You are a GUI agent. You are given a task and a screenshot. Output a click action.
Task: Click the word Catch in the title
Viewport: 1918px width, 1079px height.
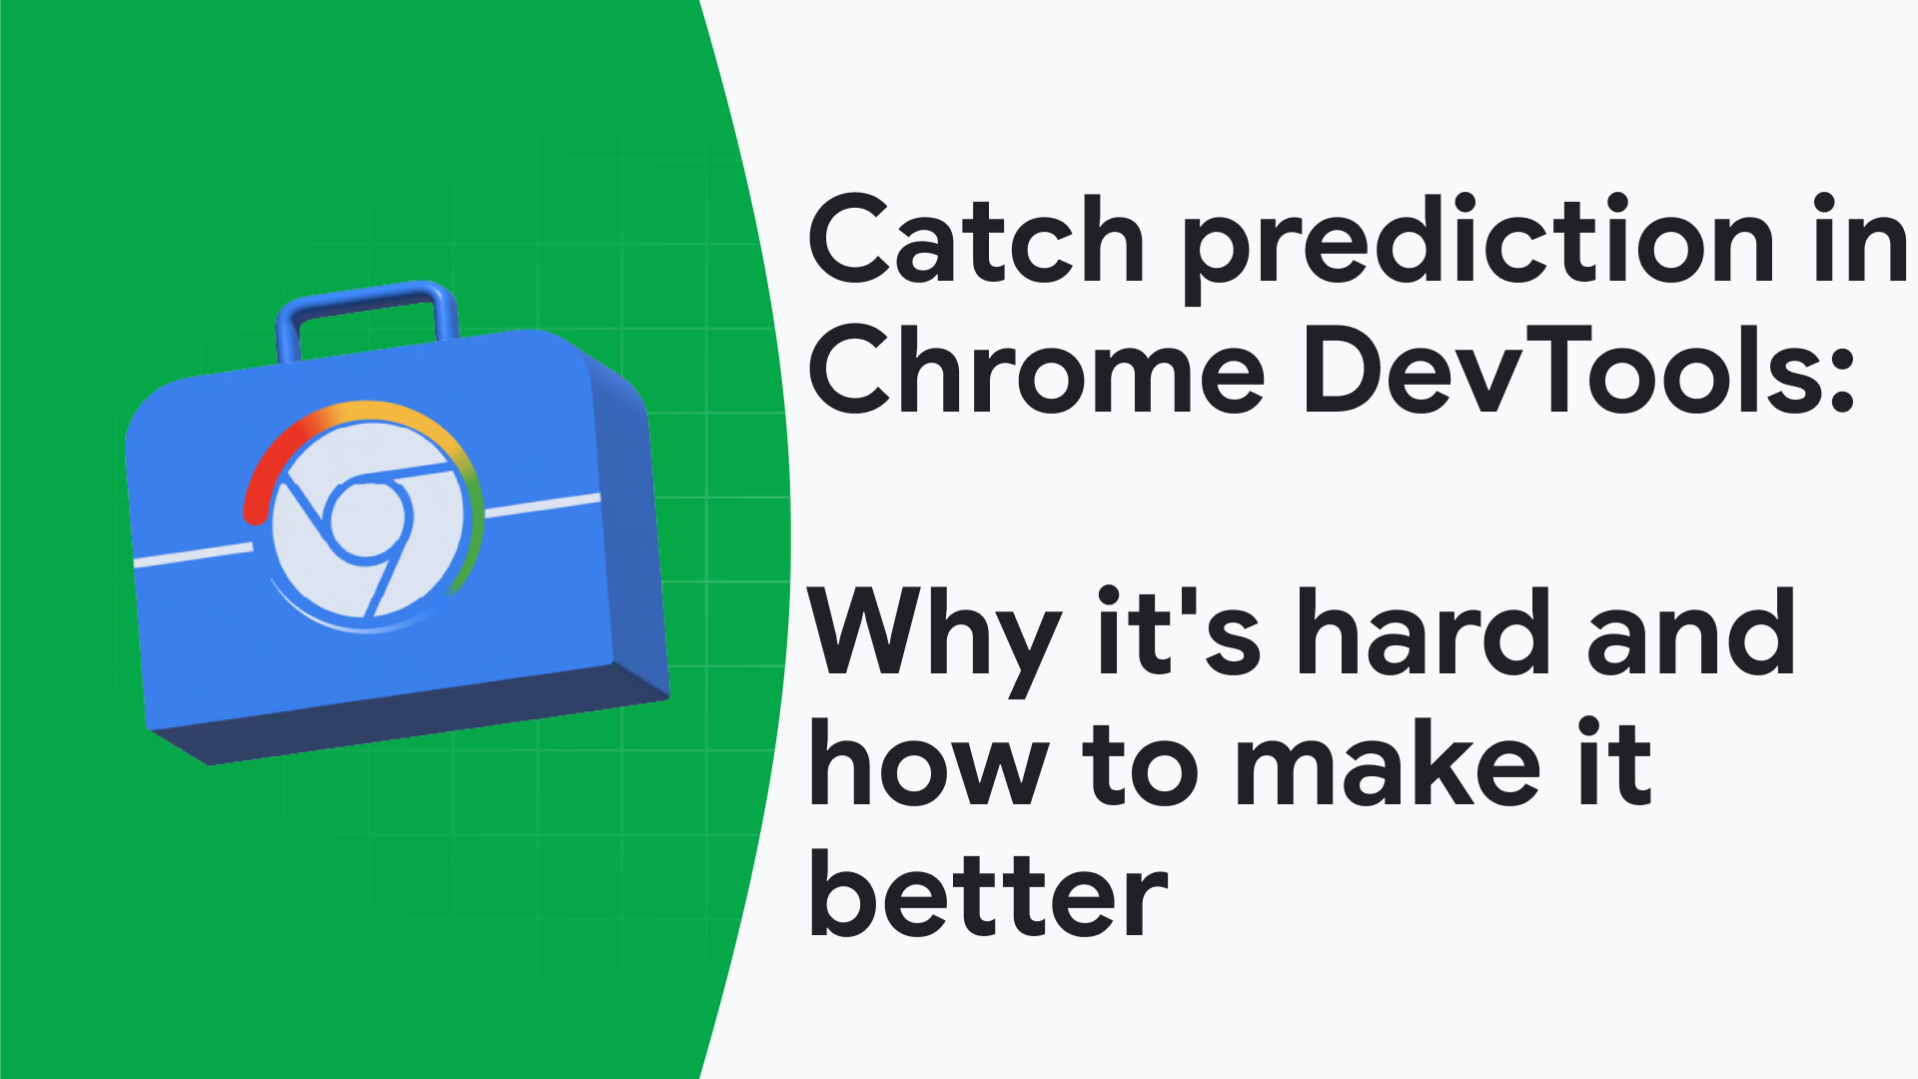click(976, 240)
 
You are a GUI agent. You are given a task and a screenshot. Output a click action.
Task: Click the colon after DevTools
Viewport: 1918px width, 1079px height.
click(1844, 384)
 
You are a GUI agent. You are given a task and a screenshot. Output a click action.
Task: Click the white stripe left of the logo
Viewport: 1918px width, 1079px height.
click(193, 554)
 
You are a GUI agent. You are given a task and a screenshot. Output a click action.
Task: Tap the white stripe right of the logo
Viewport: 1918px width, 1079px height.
click(542, 506)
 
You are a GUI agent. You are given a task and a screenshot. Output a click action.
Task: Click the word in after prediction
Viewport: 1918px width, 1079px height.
click(1861, 240)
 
